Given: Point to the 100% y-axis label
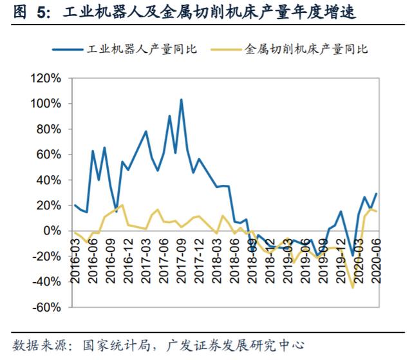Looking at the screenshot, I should [x=46, y=104].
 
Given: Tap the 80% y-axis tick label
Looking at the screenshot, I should [x=49, y=129].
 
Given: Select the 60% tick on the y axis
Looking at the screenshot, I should [x=49, y=155].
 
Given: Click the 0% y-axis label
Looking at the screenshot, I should [x=52, y=231].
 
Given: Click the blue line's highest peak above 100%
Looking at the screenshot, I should [x=181, y=100].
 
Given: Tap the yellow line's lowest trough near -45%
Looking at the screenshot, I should [x=353, y=287].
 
